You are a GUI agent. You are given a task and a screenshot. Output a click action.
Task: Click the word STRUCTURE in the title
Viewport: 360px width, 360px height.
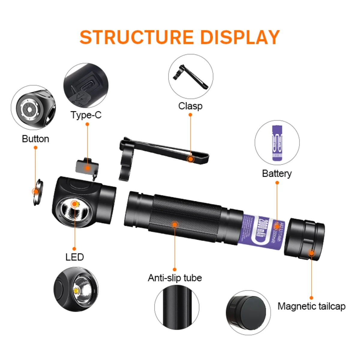[x=136, y=37]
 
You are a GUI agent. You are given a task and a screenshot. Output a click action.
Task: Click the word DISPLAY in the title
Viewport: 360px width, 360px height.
[x=240, y=37]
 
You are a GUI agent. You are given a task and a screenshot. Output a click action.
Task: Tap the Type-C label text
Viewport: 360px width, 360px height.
[x=86, y=115]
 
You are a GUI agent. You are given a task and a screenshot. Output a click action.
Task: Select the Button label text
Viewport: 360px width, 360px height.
[x=35, y=139]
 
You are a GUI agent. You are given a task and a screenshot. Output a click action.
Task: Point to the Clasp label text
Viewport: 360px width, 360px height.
[x=190, y=106]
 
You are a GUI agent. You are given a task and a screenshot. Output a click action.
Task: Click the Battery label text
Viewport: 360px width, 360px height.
[x=277, y=173]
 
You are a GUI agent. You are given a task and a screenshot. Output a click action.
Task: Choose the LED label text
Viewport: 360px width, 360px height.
[x=74, y=257]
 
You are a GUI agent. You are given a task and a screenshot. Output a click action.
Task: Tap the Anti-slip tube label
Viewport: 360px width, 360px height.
[x=175, y=278]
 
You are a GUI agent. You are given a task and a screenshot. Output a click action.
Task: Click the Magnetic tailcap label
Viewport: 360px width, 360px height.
[x=311, y=306]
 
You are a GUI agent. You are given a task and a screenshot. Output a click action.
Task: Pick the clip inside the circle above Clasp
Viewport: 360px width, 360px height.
[x=191, y=76]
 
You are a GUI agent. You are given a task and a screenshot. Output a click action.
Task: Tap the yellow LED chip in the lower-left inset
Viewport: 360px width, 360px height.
[x=76, y=291]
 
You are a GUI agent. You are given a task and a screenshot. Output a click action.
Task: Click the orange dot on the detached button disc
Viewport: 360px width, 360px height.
[x=36, y=191]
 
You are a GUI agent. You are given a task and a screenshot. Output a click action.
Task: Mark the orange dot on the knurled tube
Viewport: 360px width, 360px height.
[x=175, y=224]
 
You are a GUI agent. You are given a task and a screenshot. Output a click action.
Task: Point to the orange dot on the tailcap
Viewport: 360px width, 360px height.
[x=311, y=253]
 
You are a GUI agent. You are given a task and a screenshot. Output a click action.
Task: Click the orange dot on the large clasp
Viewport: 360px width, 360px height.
[x=190, y=159]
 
